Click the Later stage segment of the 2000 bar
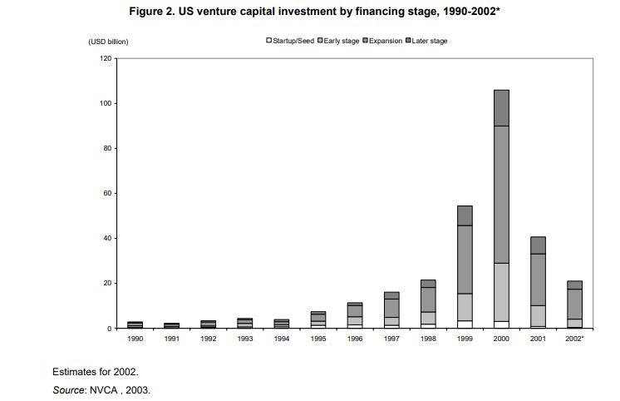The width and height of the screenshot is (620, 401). coord(501,108)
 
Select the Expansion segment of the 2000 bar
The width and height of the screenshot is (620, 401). coord(501,195)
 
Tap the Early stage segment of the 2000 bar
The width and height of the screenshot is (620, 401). coord(501,292)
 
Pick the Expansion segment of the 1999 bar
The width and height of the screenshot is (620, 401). coord(465,260)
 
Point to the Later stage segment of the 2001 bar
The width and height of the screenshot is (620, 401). coord(538,245)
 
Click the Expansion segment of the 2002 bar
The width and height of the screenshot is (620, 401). coord(574,304)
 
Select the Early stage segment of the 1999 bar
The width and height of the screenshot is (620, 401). coord(465,307)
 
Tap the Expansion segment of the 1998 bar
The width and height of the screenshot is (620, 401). coord(428,300)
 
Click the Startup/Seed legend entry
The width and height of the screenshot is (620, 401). coord(290,41)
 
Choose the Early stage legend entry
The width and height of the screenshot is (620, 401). coord(338,41)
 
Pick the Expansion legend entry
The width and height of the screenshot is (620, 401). coord(382,41)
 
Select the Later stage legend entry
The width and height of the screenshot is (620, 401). coord(426,41)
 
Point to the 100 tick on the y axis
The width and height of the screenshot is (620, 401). coord(116,103)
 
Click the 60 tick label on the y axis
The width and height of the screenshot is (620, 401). coord(107,193)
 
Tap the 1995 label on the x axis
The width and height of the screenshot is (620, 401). coord(318,339)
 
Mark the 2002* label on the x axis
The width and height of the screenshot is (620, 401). coord(574,339)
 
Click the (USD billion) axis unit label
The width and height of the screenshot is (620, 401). coord(108,42)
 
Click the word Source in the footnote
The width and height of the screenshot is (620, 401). coord(68,390)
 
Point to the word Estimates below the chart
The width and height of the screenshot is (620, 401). coord(74,372)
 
